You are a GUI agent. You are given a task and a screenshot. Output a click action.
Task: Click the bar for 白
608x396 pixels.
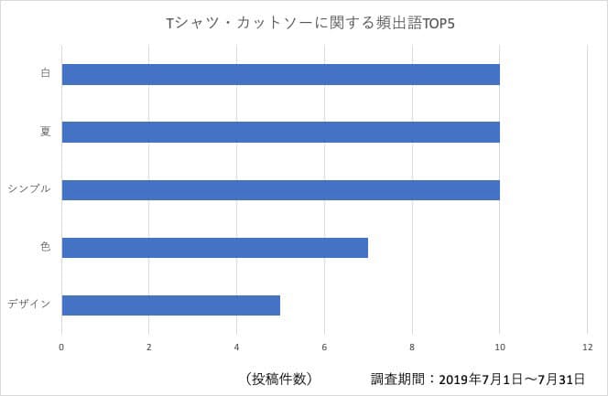click(280, 74)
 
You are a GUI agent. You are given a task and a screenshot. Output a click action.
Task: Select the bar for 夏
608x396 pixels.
click(280, 132)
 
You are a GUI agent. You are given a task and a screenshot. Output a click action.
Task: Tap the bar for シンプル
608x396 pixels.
click(280, 189)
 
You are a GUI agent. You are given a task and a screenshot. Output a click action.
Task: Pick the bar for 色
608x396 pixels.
click(214, 247)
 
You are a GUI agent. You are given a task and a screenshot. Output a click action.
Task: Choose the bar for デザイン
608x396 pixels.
click(170, 305)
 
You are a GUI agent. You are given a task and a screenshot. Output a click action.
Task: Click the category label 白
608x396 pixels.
click(45, 74)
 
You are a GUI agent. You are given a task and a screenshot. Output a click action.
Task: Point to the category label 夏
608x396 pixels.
click(45, 132)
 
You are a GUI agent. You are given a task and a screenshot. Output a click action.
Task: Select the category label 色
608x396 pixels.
click(45, 247)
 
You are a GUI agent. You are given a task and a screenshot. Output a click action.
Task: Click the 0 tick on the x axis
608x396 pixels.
click(61, 348)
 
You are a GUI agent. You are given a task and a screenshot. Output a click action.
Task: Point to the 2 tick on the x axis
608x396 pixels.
click(149, 348)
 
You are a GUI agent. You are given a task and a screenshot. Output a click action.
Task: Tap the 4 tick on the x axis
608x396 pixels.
click(236, 348)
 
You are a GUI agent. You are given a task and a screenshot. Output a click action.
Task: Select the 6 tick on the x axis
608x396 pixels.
click(324, 348)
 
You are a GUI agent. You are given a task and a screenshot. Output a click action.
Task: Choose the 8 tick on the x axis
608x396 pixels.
click(412, 348)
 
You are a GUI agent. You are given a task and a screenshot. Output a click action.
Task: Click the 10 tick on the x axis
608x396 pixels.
click(499, 348)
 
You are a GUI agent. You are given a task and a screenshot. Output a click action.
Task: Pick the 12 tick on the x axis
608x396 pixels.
click(587, 348)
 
